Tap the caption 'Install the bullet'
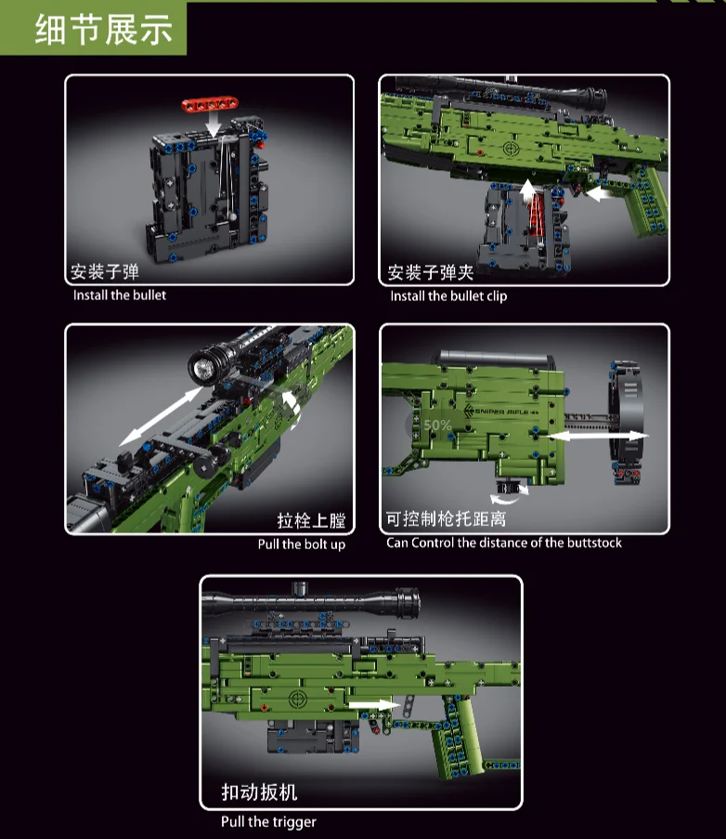click(x=120, y=295)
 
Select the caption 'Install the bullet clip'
click(x=448, y=296)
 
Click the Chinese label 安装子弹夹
click(x=431, y=273)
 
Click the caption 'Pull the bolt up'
click(x=301, y=544)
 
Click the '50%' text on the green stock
click(x=437, y=426)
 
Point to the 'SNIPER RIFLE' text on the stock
click(x=502, y=411)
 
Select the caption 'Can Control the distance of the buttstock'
click(x=504, y=543)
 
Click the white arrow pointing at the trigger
click(x=372, y=705)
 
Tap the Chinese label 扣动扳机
click(x=259, y=793)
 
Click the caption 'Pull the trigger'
click(x=268, y=821)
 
